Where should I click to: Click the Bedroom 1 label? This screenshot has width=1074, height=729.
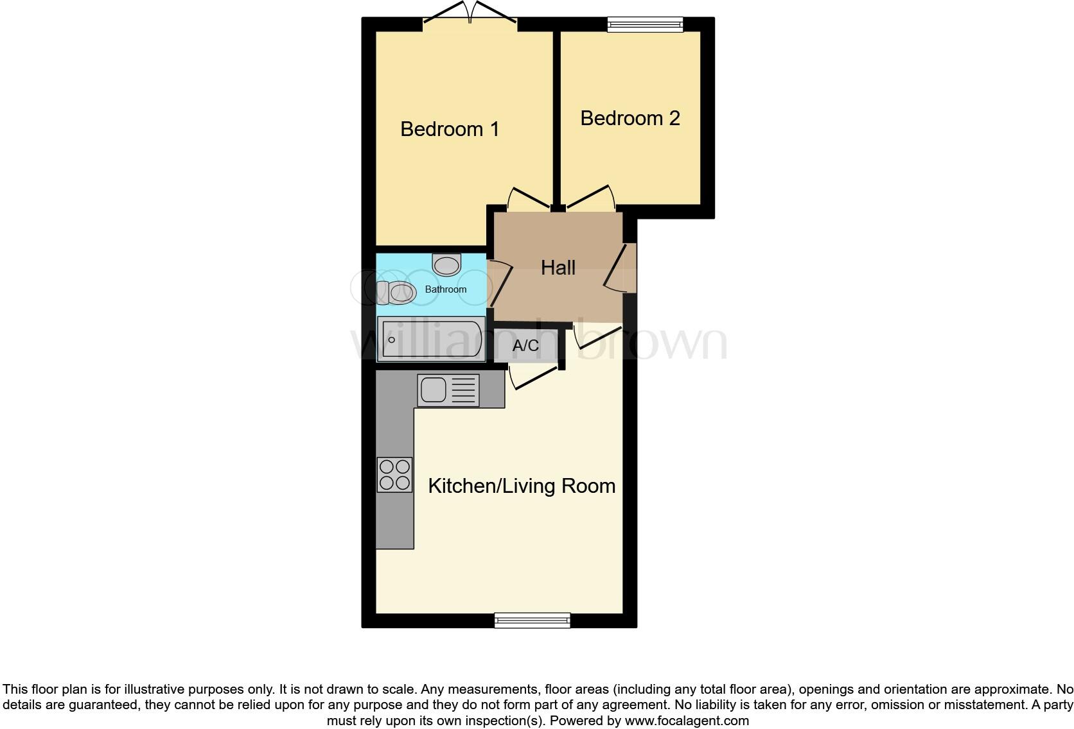(x=450, y=129)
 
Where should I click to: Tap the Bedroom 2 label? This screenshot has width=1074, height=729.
(x=629, y=118)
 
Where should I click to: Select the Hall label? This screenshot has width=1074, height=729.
(x=558, y=268)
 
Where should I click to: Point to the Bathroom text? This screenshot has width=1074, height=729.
(x=446, y=289)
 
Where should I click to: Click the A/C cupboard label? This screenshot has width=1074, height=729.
(x=525, y=346)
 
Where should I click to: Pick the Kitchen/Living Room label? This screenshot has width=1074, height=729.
(x=522, y=486)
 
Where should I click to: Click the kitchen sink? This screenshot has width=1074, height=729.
(x=448, y=390)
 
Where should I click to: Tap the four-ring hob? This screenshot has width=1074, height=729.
(x=394, y=475)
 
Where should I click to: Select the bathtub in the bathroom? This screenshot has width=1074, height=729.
(x=431, y=339)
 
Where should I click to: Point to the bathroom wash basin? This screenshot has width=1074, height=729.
(x=446, y=264)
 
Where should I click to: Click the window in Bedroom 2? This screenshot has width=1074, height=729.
(x=646, y=24)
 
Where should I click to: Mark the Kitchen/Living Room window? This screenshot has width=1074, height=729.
(x=533, y=620)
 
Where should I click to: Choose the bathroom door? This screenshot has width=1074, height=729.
(x=500, y=283)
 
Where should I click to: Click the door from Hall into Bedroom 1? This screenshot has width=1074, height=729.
(x=528, y=198)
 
